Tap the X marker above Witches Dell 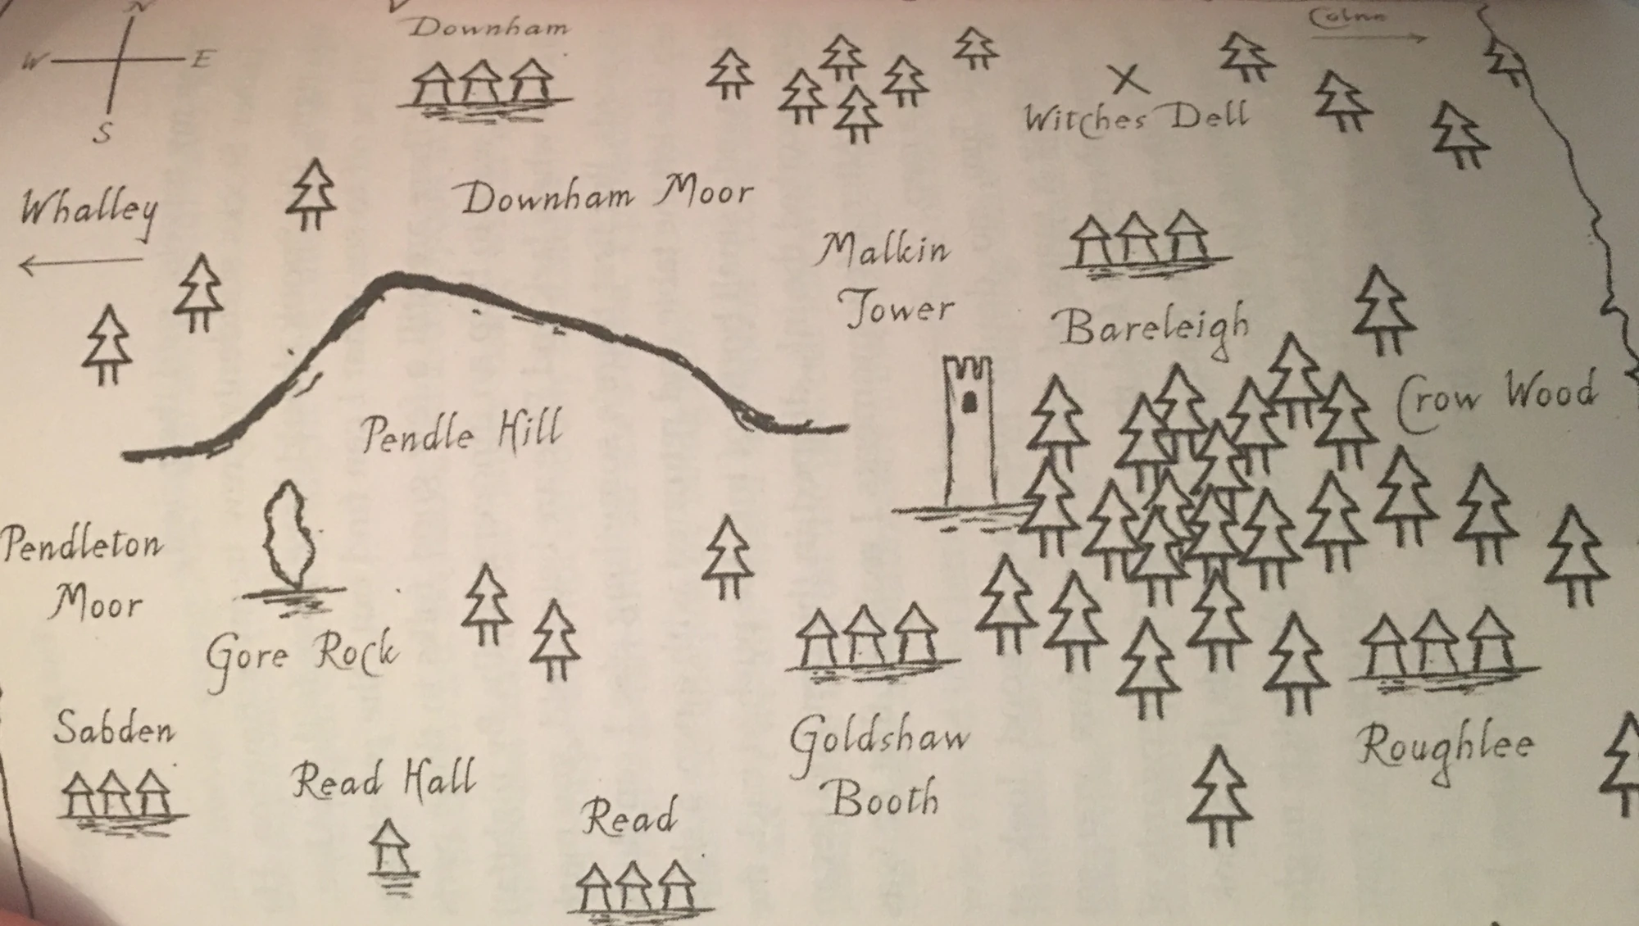(x=1128, y=79)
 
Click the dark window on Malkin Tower (x=969, y=402)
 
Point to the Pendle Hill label (x=462, y=432)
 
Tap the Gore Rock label (x=302, y=656)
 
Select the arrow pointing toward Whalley (x=79, y=264)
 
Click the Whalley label (x=89, y=211)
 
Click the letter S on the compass (x=102, y=133)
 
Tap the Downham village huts (x=484, y=84)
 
